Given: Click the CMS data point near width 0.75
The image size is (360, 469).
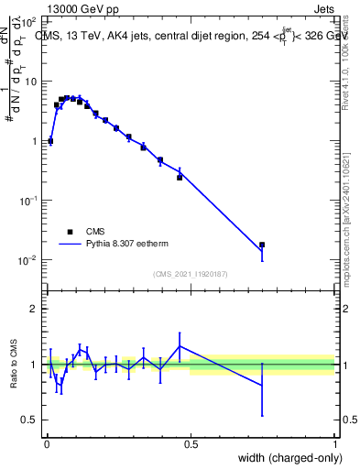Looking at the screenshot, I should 262,245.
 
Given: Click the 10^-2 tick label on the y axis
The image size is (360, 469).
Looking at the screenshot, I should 29,260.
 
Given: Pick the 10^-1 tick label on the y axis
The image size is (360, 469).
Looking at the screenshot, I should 29,201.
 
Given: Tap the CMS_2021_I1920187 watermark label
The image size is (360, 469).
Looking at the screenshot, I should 191,274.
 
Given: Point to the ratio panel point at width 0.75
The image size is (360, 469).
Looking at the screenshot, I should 262,386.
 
